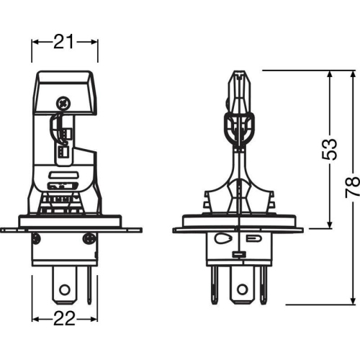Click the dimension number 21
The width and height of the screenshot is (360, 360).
pyautogui.click(x=65, y=42)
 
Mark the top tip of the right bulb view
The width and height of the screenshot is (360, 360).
pyautogui.click(x=238, y=71)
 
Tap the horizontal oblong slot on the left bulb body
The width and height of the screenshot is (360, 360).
pyautogui.click(x=63, y=176)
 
